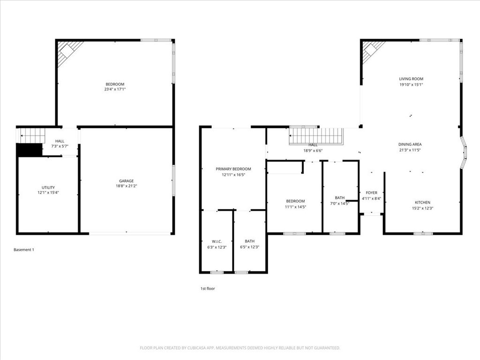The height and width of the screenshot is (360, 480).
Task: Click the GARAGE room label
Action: pos(126,181)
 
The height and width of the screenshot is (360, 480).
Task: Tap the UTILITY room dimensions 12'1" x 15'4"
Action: pos(48,193)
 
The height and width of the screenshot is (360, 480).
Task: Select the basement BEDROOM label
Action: pos(115,84)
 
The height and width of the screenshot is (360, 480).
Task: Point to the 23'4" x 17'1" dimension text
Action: pos(115,89)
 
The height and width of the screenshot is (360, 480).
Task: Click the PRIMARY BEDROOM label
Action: pos(233,169)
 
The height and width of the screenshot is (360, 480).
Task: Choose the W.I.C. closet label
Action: pos(217,241)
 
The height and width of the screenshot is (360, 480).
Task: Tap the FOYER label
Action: pos(371,193)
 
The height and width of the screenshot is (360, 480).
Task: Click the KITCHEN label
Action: pos(422,202)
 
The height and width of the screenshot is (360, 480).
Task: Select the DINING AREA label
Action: pos(410,144)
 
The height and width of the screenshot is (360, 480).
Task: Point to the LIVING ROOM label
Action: pos(411,79)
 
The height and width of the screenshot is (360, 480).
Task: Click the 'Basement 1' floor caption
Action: pos(24,250)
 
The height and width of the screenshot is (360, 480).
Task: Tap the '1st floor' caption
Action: pos(208,289)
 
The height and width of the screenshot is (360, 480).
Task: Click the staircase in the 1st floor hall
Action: pos(317,136)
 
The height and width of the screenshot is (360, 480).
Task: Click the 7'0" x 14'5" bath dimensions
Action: pos(340,203)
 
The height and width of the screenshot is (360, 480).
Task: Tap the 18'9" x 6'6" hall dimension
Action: pos(313,150)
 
